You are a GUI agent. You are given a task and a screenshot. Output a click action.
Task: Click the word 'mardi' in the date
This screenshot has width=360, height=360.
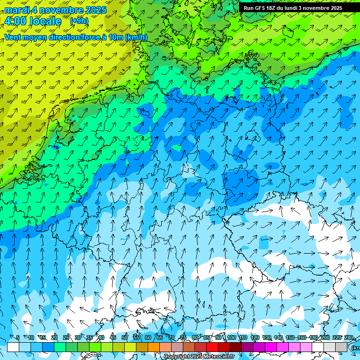pyautogui.click(x=16, y=9)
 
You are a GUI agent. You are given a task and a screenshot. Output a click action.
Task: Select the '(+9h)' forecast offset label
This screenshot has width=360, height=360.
pyautogui.click(x=79, y=21)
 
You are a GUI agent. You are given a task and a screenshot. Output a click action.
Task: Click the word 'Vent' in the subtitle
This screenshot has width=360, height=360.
pyautogui.click(x=13, y=37)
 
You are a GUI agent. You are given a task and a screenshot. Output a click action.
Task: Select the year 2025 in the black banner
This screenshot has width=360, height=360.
pyautogui.click(x=334, y=8)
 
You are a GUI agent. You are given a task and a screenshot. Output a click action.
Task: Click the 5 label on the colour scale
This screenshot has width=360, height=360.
pyautogui.click(x=18, y=337)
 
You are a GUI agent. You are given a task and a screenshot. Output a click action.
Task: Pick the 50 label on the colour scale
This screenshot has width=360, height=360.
pyautogui.click(x=125, y=337)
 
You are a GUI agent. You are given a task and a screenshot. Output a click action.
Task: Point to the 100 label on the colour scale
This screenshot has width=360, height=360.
pyautogui.click(x=231, y=337)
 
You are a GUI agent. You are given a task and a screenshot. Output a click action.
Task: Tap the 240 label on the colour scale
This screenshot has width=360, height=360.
pyautogui.click(x=349, y=337)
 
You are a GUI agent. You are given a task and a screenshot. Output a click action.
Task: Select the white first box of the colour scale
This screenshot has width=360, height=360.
pyautogui.click(x=13, y=347)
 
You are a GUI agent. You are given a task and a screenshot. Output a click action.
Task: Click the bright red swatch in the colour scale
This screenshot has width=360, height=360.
pyautogui.click(x=212, y=347)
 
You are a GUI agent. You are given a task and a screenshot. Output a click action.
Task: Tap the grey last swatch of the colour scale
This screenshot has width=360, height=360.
pyautogui.click(x=341, y=347)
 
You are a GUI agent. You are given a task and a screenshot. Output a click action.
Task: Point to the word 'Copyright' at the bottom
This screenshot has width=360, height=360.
pyautogui.click(x=178, y=357)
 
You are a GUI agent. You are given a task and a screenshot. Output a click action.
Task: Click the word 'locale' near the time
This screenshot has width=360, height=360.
pyautogui.click(x=45, y=21)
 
